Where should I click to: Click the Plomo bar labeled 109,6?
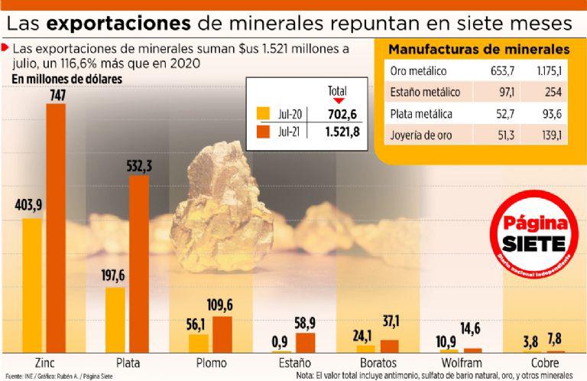pyautogui.click(x=222, y=334)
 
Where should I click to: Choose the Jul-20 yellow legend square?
pyautogui.click(x=264, y=115)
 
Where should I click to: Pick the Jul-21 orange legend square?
pyautogui.click(x=264, y=131)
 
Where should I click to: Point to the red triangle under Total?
pyautogui.click(x=338, y=101)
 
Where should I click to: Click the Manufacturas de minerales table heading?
pyautogui.click(x=478, y=50)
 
